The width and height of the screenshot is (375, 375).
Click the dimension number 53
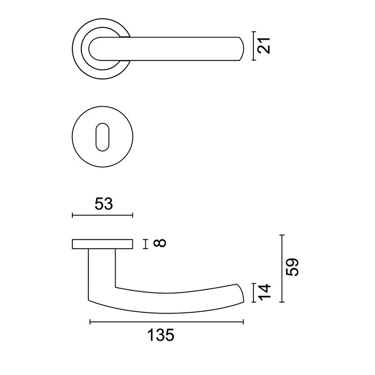[x=101, y=204]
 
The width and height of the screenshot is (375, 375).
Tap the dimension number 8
[x=159, y=244]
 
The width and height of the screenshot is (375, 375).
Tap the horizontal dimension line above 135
[x=167, y=322]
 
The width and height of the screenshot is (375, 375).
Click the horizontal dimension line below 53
[x=102, y=215]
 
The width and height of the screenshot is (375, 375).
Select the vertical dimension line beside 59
[x=282, y=268]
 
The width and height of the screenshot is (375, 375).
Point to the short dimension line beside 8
[x=145, y=244]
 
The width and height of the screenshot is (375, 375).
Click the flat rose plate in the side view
[x=102, y=244]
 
